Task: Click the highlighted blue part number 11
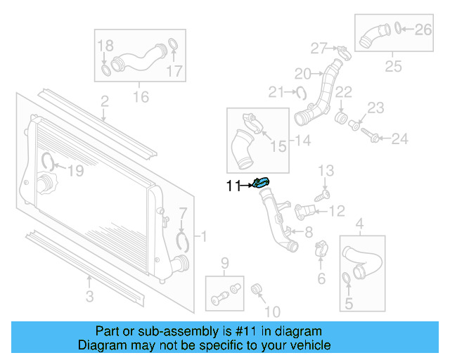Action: tap(261, 184)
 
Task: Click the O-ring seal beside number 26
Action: tap(399, 29)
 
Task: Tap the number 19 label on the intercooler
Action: tap(75, 169)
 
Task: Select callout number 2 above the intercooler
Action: tap(104, 102)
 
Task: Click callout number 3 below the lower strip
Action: tap(89, 296)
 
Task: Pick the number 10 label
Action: tap(271, 310)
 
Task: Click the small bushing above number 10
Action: tap(257, 288)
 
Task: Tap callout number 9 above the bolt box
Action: tap(225, 264)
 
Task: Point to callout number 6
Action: tap(321, 278)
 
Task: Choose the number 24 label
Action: tap(399, 139)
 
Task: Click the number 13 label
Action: tap(326, 170)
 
